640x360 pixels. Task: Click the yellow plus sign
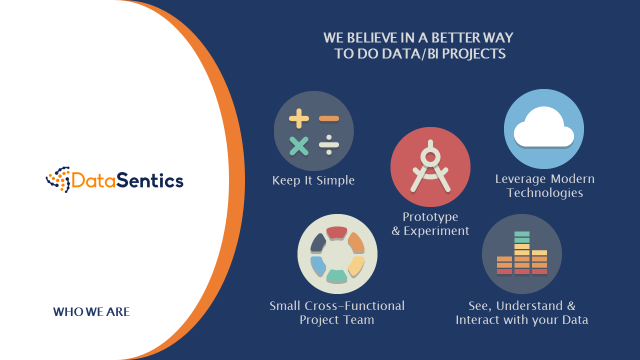click(x=299, y=118)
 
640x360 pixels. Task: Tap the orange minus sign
click(x=329, y=118)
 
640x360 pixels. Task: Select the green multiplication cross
click(x=299, y=146)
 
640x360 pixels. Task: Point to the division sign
click(x=329, y=145)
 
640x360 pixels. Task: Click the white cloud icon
click(x=544, y=127)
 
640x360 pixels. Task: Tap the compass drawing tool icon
click(x=430, y=166)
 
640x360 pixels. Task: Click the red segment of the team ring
click(x=337, y=232)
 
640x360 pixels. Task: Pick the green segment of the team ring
click(x=337, y=275)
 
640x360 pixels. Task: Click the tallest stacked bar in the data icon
click(x=522, y=252)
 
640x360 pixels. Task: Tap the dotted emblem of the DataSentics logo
click(x=58, y=179)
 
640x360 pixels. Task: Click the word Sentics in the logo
click(x=150, y=180)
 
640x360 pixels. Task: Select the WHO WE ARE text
click(x=91, y=311)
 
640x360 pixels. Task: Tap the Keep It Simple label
click(x=313, y=180)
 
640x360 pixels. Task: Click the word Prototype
click(x=430, y=217)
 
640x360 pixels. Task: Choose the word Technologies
click(x=545, y=193)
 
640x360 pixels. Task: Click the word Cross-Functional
click(x=354, y=306)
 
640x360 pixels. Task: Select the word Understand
click(x=529, y=306)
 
